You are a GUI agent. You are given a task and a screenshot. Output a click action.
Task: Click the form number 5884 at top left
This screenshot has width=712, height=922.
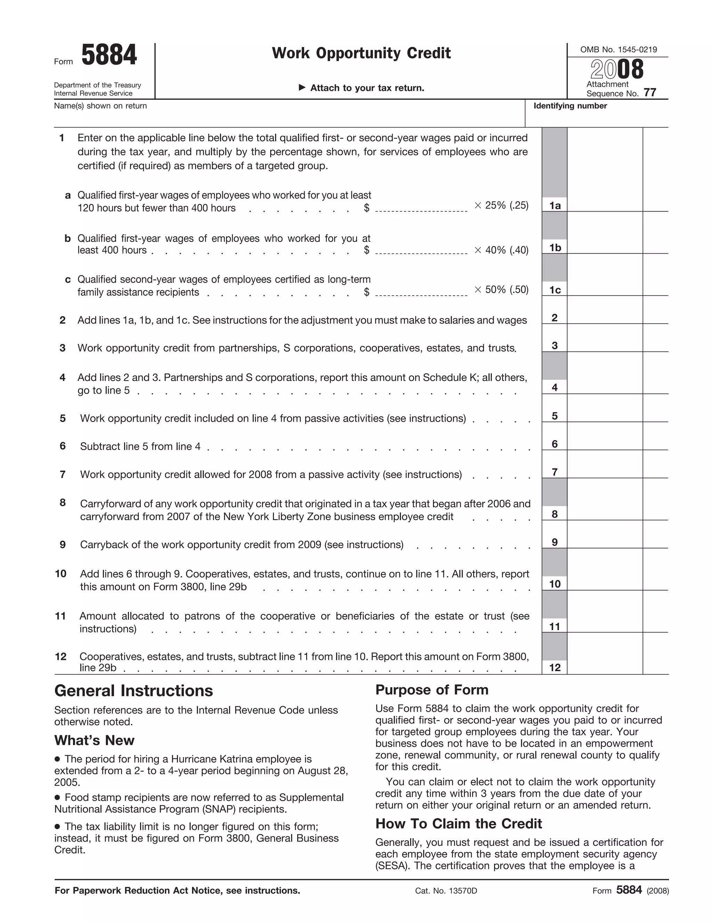109,55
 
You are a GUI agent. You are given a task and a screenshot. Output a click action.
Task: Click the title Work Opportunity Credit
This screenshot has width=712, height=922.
361,53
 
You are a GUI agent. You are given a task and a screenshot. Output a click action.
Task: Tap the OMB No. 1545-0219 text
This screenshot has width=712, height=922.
618,50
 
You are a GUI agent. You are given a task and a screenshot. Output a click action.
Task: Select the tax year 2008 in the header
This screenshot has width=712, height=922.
617,69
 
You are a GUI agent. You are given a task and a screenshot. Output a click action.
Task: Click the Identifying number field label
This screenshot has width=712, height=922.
570,106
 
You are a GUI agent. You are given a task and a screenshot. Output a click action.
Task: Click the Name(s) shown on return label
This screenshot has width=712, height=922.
100,106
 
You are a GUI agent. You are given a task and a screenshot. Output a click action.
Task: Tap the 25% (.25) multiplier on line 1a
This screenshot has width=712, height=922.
501,205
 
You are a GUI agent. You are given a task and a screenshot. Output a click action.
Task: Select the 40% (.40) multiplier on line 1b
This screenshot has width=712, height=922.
501,250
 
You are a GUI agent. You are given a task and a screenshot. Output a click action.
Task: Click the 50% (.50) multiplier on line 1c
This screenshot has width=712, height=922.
501,289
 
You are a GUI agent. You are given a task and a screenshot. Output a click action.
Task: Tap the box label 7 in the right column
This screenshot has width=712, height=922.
555,472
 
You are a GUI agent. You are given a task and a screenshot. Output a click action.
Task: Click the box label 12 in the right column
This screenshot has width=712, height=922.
555,667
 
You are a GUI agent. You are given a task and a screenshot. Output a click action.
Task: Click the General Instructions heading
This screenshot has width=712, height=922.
134,691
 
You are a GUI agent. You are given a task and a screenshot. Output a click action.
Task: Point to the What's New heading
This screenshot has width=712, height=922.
95,740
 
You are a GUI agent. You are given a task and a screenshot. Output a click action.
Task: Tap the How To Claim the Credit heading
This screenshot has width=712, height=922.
459,824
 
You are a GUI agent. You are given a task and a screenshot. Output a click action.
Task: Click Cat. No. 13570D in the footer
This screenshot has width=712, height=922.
446,891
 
